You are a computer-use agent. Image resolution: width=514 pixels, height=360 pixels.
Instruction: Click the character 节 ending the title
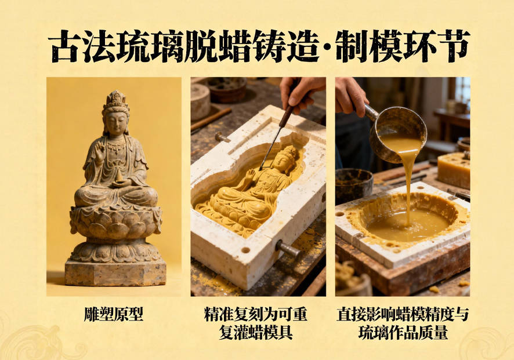point(454,46)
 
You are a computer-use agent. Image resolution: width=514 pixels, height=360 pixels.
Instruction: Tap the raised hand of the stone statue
point(99,148)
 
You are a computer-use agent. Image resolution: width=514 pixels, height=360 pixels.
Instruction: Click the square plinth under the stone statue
point(115,272)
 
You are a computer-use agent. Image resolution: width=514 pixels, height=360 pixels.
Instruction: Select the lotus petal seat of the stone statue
point(115,223)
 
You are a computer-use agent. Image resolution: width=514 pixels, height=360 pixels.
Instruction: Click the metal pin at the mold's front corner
point(288,249)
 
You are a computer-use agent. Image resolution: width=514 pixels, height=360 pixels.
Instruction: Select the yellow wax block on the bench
point(454,170)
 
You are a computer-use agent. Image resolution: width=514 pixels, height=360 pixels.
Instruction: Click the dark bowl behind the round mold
point(354,184)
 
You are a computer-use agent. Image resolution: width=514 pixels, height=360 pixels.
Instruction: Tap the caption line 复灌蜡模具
point(256,333)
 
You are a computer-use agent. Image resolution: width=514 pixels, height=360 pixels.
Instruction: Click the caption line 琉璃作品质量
point(403,333)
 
